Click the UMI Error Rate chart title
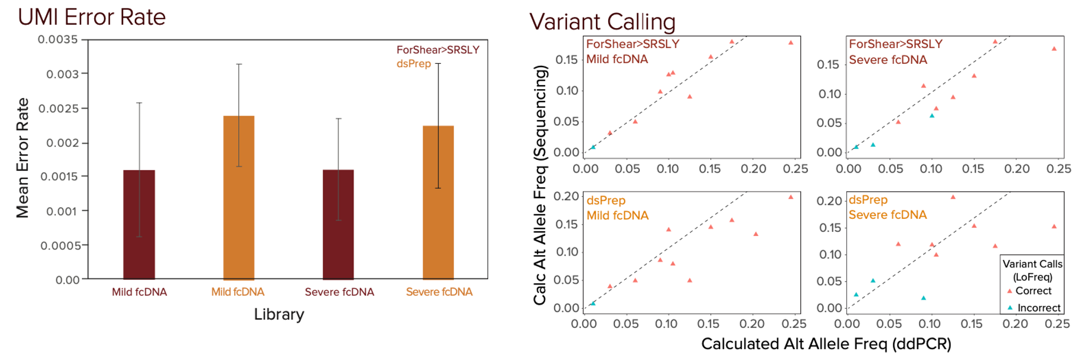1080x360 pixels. coord(92,17)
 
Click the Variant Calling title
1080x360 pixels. coord(602,22)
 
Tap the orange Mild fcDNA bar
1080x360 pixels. coord(239,197)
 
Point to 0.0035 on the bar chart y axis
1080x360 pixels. coord(58,39)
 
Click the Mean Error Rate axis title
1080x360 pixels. coord(23,158)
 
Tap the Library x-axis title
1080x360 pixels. coord(279,314)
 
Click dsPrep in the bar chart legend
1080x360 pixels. coord(414,64)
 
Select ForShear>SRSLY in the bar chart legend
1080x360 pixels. coord(438,50)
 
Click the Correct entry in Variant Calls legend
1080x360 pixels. coord(1033,291)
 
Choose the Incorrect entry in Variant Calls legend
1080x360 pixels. coord(1038,308)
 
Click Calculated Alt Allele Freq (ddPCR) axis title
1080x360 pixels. coord(826,344)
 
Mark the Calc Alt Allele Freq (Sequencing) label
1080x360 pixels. coord(541,185)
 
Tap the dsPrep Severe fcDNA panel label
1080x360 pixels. coord(888,207)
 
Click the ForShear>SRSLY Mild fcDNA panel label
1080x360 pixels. coord(632,51)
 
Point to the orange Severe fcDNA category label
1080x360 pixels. coord(439,292)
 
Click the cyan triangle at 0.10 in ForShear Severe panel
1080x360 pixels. coord(932,116)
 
